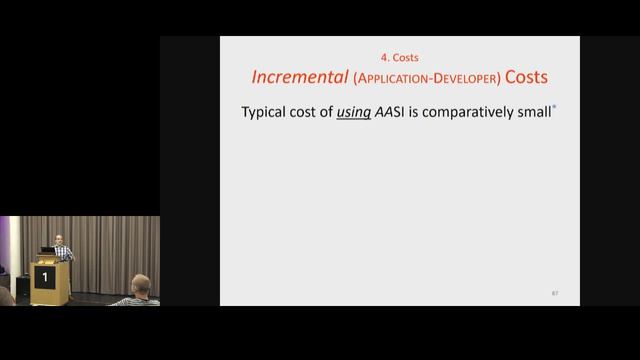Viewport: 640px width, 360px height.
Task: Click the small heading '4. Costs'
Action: pos(400,58)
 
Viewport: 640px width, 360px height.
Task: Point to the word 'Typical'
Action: pos(263,113)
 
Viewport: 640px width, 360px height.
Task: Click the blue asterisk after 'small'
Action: pos(554,108)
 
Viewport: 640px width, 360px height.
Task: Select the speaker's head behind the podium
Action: pos(60,239)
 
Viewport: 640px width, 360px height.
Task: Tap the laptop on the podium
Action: pos(47,250)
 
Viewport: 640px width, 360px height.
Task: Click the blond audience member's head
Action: pos(140,283)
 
